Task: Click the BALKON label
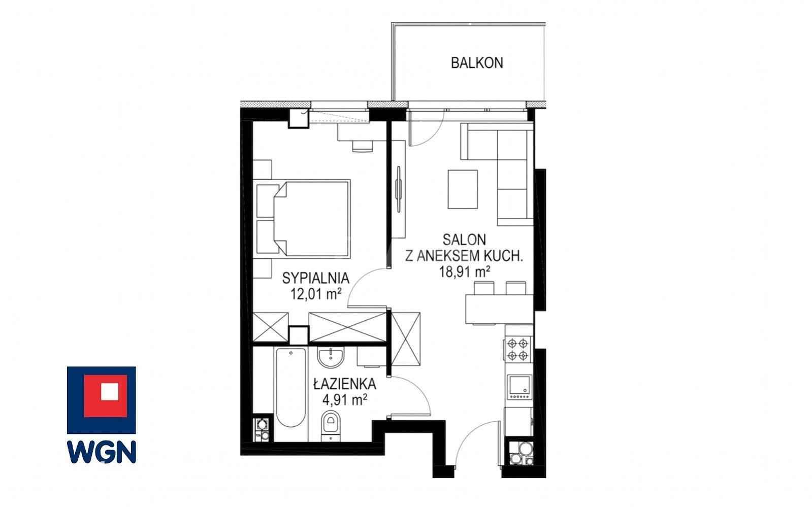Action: tap(477, 63)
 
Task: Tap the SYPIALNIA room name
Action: tap(316, 278)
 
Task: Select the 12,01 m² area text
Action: tap(316, 294)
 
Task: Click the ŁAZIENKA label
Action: tap(344, 384)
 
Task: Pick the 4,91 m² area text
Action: tap(344, 399)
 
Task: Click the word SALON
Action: tap(464, 240)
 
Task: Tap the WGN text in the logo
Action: tap(102, 451)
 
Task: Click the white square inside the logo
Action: tap(110, 391)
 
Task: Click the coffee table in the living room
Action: tap(463, 189)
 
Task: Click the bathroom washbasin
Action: tap(331, 357)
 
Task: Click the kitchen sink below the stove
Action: tap(519, 388)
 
